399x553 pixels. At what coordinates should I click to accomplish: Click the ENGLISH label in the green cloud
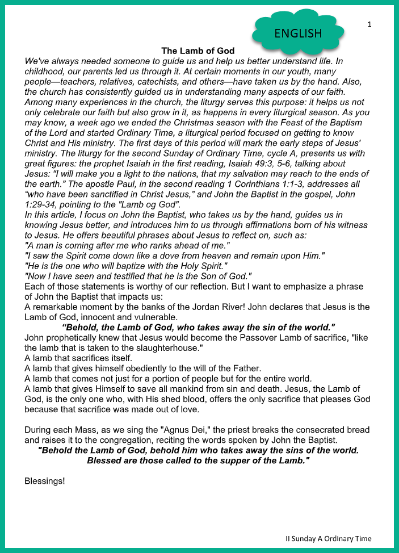[x=298, y=33]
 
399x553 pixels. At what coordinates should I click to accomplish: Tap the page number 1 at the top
[x=369, y=24]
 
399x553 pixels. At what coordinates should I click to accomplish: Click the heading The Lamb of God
[x=198, y=51]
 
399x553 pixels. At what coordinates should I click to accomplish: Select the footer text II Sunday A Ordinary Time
[x=329, y=538]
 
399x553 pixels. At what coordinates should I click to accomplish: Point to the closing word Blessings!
[x=45, y=481]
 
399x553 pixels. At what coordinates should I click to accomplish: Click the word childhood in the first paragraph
[x=46, y=71]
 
